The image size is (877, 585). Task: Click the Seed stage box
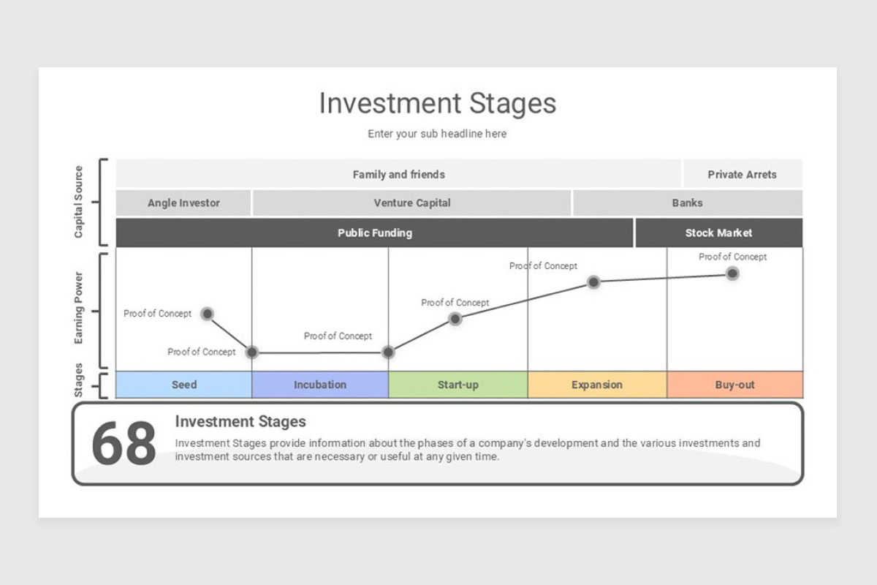[183, 385]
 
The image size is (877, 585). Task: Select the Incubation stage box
[320, 385]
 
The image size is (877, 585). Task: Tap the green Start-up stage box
[458, 385]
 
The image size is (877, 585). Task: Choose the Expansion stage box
[597, 385]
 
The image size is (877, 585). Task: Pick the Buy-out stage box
[734, 385]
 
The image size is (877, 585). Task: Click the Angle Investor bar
[183, 203]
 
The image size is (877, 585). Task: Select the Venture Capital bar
[412, 203]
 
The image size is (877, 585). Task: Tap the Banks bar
[687, 203]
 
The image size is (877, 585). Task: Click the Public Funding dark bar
[374, 233]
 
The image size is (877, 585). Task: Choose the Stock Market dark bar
[718, 233]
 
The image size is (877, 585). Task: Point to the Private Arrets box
[742, 174]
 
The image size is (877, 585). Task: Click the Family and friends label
[398, 174]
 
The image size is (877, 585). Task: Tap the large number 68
[124, 444]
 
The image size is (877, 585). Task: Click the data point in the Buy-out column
[732, 273]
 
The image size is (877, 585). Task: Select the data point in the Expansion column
[593, 282]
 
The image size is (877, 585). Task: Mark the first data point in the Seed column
[207, 314]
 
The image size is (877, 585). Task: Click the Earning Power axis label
[79, 309]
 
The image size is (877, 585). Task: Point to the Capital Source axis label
[79, 202]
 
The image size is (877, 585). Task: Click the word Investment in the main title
[380, 103]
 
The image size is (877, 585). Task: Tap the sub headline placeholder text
[437, 134]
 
